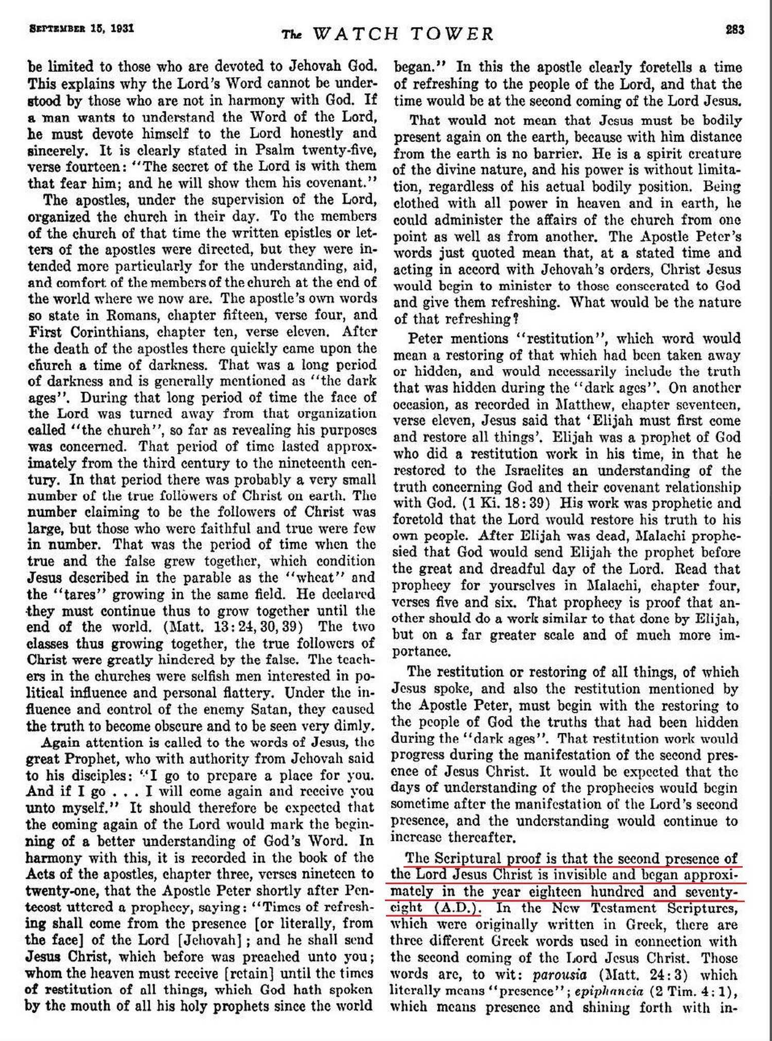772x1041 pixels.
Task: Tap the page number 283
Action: (x=734, y=30)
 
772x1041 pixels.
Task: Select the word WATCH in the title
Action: (x=355, y=34)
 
